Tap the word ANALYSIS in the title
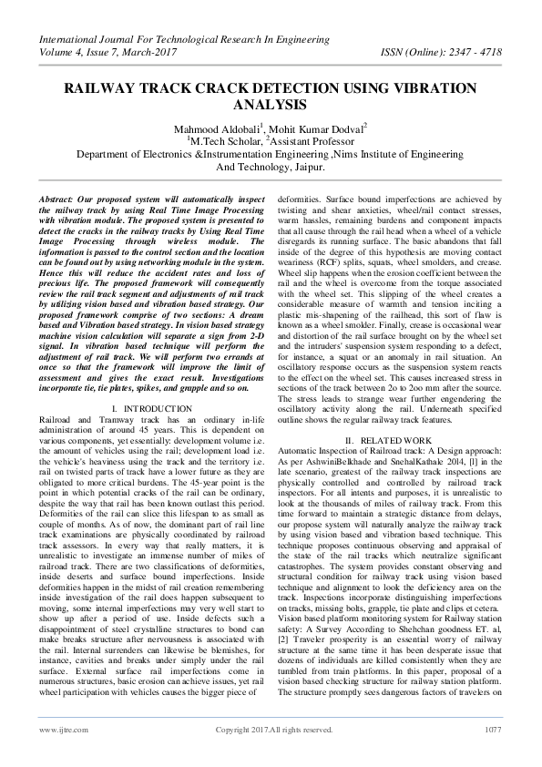pyautogui.click(x=271, y=106)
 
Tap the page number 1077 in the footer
pyautogui.click(x=492, y=730)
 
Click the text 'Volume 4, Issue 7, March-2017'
pyautogui.click(x=109, y=52)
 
